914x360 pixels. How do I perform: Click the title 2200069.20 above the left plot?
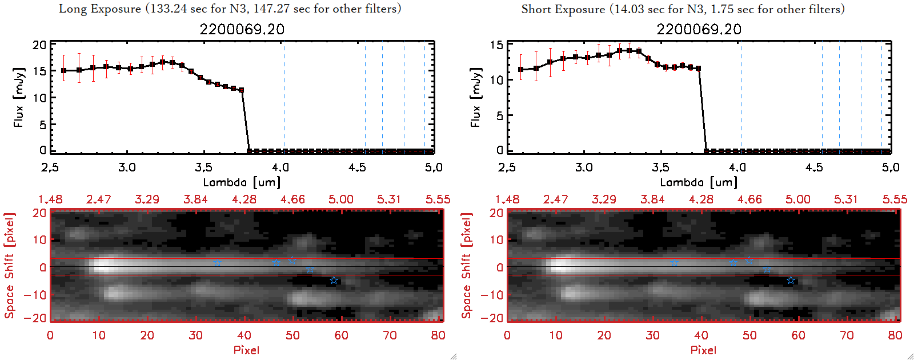(x=242, y=29)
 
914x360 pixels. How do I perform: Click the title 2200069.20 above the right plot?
(x=699, y=29)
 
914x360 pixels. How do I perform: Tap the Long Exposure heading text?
(x=230, y=9)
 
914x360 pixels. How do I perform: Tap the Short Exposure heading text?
(x=683, y=9)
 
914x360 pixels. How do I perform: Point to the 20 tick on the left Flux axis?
(x=39, y=45)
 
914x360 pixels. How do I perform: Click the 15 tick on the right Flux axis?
(x=496, y=45)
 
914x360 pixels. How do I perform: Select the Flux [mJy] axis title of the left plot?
(x=19, y=97)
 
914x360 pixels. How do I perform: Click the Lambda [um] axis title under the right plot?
(x=699, y=182)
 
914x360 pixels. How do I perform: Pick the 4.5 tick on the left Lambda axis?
(x=357, y=167)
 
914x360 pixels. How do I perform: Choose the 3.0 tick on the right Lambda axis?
(x=584, y=167)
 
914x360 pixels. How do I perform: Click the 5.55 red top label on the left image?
(x=438, y=199)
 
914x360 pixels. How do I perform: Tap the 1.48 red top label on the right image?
(x=507, y=199)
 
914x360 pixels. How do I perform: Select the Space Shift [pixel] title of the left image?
(x=10, y=266)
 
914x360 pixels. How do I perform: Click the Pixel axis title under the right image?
(x=703, y=350)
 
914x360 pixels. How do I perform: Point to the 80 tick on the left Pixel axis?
(x=438, y=335)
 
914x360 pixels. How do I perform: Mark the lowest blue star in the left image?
(x=334, y=281)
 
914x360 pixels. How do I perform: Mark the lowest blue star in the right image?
(x=791, y=281)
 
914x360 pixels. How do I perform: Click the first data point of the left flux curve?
(x=64, y=71)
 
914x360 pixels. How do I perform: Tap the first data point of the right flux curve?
(x=521, y=70)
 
